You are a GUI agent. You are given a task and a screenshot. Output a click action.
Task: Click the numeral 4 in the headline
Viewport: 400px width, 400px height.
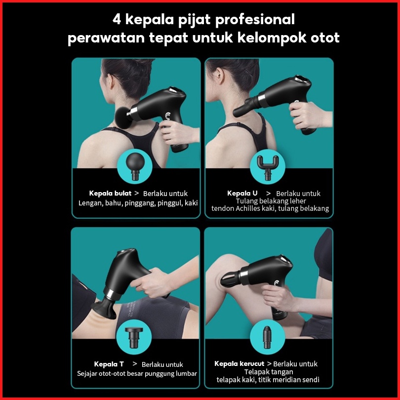117,19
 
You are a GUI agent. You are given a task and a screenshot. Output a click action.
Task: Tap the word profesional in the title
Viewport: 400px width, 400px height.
255,20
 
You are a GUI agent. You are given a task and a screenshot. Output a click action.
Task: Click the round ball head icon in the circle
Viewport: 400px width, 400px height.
135,167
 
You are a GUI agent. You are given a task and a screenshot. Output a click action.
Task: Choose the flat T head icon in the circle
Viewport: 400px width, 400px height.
134,337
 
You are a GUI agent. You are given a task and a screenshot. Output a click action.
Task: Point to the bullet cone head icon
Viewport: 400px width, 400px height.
267,337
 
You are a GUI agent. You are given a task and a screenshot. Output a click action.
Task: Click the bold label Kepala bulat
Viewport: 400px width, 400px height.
110,193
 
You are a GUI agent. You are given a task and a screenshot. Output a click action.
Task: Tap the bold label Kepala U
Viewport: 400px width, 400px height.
242,193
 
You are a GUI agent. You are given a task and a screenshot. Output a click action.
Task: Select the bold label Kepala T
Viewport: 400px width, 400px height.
109,364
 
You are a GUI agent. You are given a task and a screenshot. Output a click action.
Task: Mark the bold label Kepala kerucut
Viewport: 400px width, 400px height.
240,363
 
